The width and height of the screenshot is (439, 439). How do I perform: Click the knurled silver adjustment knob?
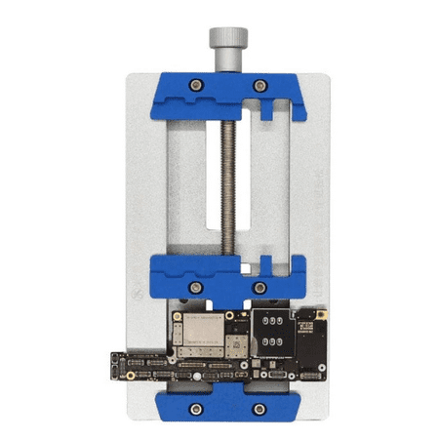click(219, 41)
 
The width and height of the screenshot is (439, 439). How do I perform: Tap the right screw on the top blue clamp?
click(259, 86)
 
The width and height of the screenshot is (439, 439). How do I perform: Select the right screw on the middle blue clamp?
click(259, 288)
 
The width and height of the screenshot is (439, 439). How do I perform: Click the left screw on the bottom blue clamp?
click(196, 407)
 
